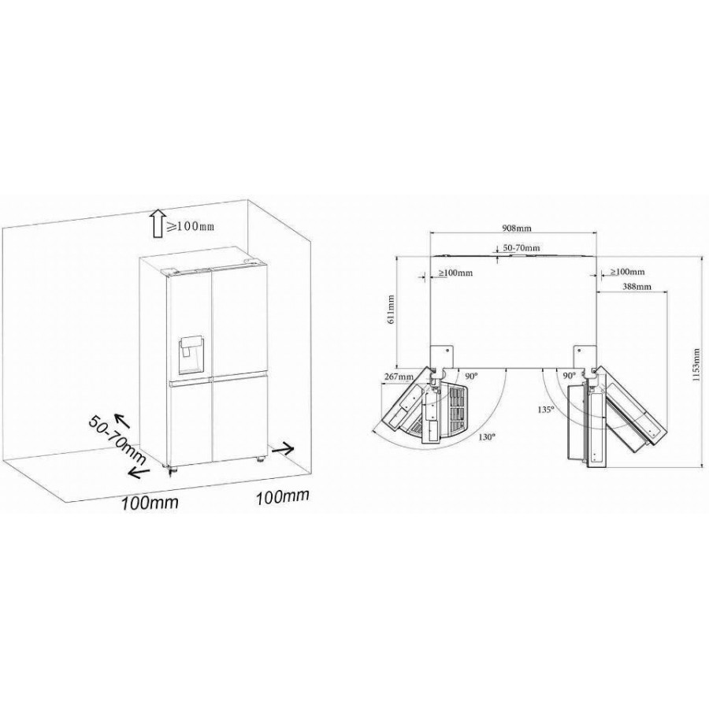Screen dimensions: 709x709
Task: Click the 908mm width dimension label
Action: (x=517, y=228)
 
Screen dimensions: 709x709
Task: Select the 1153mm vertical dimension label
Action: (x=697, y=365)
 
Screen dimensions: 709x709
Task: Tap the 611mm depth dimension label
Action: (x=391, y=310)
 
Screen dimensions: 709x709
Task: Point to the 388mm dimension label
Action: (x=637, y=286)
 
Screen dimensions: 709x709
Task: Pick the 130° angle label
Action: (x=487, y=436)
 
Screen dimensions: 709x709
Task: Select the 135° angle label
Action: (x=546, y=410)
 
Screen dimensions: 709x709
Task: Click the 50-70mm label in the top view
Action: (x=522, y=248)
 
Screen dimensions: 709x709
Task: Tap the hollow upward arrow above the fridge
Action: (x=158, y=224)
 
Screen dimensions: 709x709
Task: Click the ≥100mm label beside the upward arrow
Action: (x=190, y=226)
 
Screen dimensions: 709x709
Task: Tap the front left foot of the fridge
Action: (x=172, y=471)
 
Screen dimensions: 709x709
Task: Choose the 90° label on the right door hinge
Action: (x=570, y=375)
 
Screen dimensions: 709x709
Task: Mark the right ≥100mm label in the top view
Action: (x=627, y=272)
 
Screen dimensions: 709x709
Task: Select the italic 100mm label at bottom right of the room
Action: (x=283, y=496)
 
